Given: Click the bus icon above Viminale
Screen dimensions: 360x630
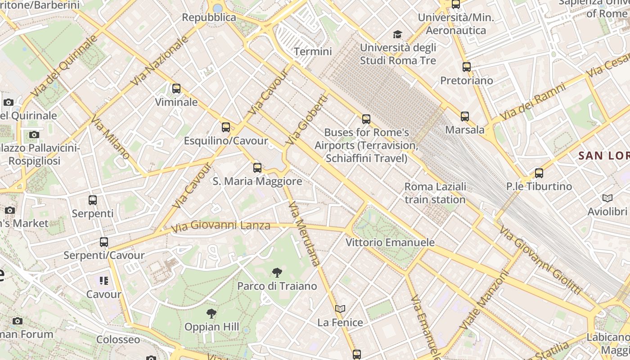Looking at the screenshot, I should tap(176, 89).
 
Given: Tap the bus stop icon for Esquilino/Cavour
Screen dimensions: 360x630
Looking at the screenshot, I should tap(226, 127).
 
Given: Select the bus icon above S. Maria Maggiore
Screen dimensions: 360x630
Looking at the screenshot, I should tap(257, 168).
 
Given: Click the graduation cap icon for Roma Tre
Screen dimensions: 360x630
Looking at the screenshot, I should tap(397, 34).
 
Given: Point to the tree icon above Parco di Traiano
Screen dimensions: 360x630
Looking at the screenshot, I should tap(277, 272).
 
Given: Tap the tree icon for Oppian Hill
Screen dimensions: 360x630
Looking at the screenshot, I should tap(211, 313).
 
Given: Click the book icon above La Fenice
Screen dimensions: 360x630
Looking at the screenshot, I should tap(340, 309).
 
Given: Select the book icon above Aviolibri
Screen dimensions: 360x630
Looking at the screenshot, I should tap(607, 198).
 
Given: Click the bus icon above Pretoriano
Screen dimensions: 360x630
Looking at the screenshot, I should tap(467, 67).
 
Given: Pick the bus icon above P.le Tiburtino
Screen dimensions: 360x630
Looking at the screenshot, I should tap(539, 173).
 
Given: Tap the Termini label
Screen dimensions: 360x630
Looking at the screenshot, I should tap(313, 51).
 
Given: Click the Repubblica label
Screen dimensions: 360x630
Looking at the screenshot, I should tap(209, 18).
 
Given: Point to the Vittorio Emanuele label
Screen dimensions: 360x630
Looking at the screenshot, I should tap(390, 243).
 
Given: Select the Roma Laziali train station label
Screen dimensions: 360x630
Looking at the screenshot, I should tap(435, 193).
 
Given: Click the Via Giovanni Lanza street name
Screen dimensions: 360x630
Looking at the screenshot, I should tap(221, 226).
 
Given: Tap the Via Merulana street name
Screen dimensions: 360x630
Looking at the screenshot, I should tap(305, 234).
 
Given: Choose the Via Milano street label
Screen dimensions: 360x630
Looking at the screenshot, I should tap(110, 138).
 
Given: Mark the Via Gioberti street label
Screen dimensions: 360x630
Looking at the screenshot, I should tap(306, 120).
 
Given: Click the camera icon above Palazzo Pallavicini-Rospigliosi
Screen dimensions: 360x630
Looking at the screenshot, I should tap(34, 135).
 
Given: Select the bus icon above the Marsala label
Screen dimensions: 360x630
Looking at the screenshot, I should tap(464, 117).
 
